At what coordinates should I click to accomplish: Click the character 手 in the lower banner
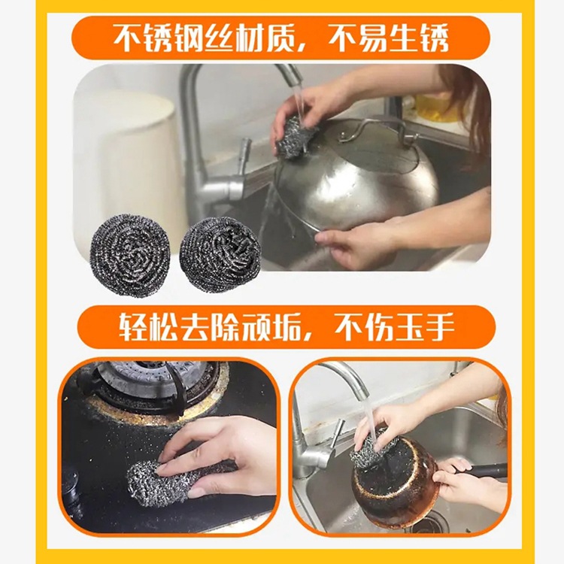(x=440, y=327)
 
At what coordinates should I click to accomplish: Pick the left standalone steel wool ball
(x=130, y=256)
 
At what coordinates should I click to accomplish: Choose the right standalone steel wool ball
(x=220, y=256)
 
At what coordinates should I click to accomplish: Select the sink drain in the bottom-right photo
(x=427, y=523)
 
